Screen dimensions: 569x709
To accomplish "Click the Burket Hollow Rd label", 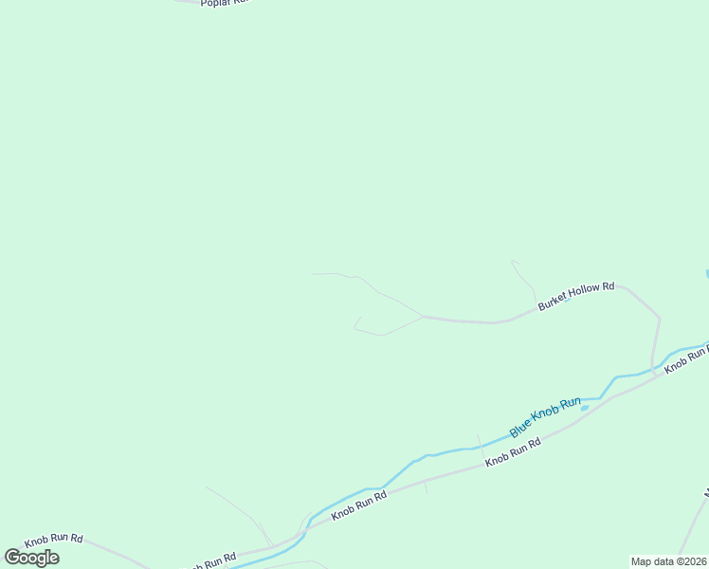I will (576, 295).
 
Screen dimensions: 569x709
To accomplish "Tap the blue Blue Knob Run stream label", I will (545, 417).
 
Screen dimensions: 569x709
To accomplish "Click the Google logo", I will (31, 558).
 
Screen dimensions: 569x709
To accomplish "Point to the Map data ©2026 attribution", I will (668, 561).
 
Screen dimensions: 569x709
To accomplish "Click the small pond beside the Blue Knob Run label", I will (585, 408).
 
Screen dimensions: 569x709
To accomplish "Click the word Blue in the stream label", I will (519, 429).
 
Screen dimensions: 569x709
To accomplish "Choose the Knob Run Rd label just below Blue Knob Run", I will (513, 451).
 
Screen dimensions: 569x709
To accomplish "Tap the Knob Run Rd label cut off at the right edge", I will (685, 358).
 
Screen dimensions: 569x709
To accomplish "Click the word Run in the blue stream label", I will (570, 404).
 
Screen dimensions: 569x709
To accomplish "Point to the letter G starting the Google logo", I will (12, 558).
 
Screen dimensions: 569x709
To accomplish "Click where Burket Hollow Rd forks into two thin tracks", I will (422, 316).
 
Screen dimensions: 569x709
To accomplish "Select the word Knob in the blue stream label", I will (544, 417).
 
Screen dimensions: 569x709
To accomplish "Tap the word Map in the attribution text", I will (642, 561).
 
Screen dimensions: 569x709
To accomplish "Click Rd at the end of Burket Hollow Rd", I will (608, 285).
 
